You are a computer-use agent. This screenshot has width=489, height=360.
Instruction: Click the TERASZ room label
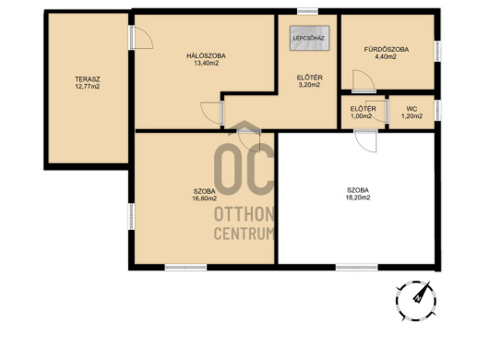pyautogui.click(x=88, y=79)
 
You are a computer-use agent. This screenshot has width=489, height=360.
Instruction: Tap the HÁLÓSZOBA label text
pyautogui.click(x=206, y=55)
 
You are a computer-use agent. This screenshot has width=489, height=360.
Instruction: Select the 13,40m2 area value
pyautogui.click(x=206, y=64)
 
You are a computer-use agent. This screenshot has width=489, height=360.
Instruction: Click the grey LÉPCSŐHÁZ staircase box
pyautogui.click(x=309, y=38)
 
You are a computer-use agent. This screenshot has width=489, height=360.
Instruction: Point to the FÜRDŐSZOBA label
pyautogui.click(x=387, y=49)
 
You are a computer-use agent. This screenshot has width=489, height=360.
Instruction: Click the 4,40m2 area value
pyautogui.click(x=386, y=57)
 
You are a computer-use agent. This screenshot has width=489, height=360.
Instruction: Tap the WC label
pyautogui.click(x=411, y=109)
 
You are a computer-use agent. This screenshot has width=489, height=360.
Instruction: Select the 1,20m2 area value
pyautogui.click(x=411, y=116)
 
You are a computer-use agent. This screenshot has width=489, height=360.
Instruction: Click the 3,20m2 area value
pyautogui.click(x=309, y=85)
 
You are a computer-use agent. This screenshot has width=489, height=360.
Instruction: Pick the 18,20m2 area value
pyautogui.click(x=358, y=198)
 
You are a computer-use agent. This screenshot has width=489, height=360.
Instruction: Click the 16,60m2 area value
pyautogui.click(x=204, y=198)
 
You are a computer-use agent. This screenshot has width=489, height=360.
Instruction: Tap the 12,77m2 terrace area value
pyautogui.click(x=88, y=87)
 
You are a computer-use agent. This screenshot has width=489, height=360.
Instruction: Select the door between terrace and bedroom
pyautogui.click(x=140, y=38)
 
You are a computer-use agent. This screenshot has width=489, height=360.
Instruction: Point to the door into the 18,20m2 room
pyautogui.click(x=365, y=141)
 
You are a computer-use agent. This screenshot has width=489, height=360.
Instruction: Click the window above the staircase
pyautogui.click(x=307, y=12)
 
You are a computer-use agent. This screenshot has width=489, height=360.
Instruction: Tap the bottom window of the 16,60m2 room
pyautogui.click(x=185, y=268)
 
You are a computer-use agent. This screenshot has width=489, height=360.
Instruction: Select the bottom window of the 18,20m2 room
pyautogui.click(x=357, y=268)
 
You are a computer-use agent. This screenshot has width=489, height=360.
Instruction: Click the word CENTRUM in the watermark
pyautogui.click(x=244, y=234)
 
